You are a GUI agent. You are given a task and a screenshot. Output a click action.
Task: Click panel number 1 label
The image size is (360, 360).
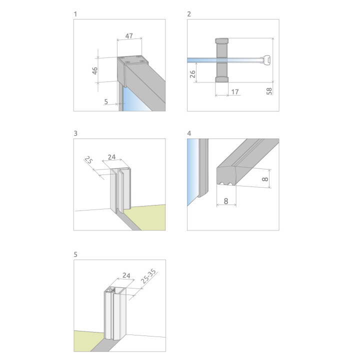coord(75,14)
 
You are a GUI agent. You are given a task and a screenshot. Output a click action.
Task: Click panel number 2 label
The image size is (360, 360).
coord(189,14)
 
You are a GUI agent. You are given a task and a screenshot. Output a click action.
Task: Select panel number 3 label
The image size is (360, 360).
coord(75,133)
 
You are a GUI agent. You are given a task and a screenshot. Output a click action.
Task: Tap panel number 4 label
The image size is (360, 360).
coord(189,133)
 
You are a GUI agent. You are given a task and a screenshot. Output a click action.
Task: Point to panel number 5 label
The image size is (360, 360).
coord(75,254)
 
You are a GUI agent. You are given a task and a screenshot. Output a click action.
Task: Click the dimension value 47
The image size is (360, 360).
coord(129,36)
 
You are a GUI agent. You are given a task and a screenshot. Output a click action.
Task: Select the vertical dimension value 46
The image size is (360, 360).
coord(95,70)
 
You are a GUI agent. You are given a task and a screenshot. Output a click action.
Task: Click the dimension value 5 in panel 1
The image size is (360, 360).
coord(106,101)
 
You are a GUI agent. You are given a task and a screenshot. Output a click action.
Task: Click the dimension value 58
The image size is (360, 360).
coord(269,90)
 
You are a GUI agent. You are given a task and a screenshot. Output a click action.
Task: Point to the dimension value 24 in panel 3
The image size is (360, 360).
coord(112,157)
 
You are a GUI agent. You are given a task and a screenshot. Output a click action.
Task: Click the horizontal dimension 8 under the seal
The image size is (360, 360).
coord(226,201)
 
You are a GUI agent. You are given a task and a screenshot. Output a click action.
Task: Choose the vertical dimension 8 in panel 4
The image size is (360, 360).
coord(266,176)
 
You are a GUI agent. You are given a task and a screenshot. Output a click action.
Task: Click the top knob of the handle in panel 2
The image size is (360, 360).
coord(221,40)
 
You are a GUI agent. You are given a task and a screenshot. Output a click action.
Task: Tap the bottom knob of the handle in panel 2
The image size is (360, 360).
coord(221,79)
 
